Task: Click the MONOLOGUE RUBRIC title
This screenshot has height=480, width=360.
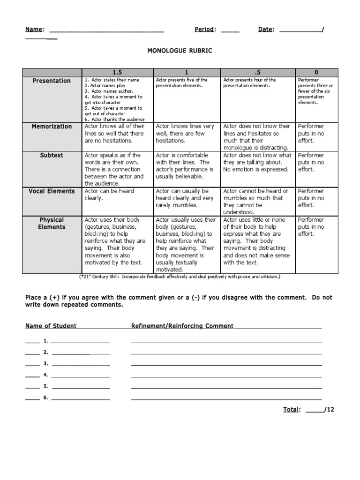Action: (x=180, y=51)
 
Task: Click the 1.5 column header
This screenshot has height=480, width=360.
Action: (x=117, y=72)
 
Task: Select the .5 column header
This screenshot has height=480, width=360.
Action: (x=258, y=72)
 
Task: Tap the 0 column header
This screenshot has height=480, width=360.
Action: (x=316, y=72)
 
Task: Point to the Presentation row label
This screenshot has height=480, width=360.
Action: (x=52, y=81)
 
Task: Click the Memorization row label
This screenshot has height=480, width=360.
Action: (x=52, y=127)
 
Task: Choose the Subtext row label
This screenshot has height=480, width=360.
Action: (x=52, y=155)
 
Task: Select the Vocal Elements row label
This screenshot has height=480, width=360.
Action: (x=52, y=191)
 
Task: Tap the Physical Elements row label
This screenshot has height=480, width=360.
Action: (x=52, y=224)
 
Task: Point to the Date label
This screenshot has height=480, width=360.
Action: (x=266, y=30)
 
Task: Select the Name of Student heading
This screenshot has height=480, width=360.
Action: (x=51, y=326)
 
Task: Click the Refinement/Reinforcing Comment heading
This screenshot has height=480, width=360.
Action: (x=182, y=326)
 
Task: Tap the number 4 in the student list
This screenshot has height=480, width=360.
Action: (x=45, y=375)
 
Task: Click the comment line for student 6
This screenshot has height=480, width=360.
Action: (x=226, y=399)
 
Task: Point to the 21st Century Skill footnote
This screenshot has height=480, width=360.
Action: (x=180, y=277)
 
